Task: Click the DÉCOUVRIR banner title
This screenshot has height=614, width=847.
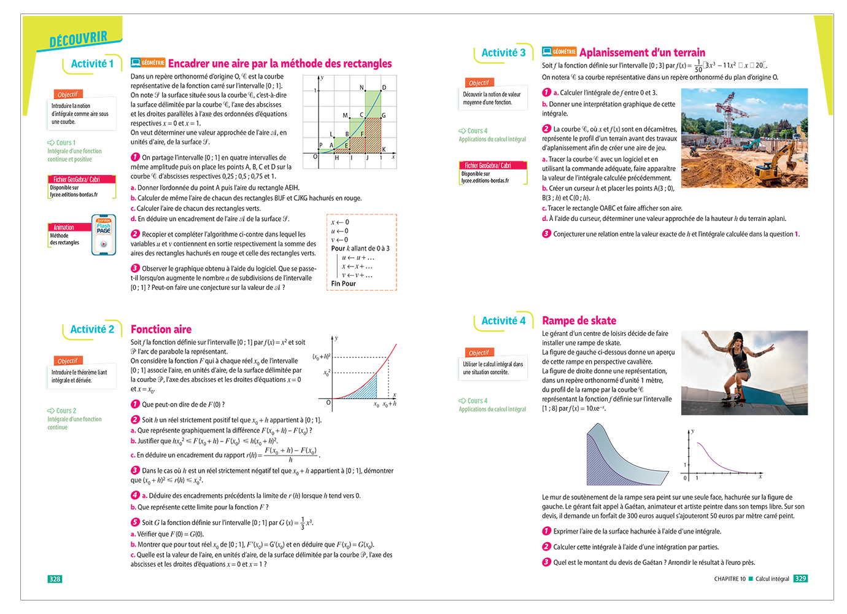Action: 78,40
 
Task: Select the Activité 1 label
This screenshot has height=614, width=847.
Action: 92,64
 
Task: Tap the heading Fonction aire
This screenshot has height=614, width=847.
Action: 161,329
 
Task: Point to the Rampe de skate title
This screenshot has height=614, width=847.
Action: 579,321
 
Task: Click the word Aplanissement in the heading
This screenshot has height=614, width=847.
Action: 613,53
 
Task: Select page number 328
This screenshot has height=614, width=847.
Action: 55,579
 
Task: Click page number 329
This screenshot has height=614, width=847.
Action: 800,578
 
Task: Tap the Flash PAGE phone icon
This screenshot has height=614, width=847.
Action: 104,235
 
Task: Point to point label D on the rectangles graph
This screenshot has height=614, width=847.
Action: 384,88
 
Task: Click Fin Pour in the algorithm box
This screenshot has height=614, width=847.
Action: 343,284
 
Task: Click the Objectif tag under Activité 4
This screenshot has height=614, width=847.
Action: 479,352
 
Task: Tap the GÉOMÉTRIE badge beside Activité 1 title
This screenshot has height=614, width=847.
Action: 153,63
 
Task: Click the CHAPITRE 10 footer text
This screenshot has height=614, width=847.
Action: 730,579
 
